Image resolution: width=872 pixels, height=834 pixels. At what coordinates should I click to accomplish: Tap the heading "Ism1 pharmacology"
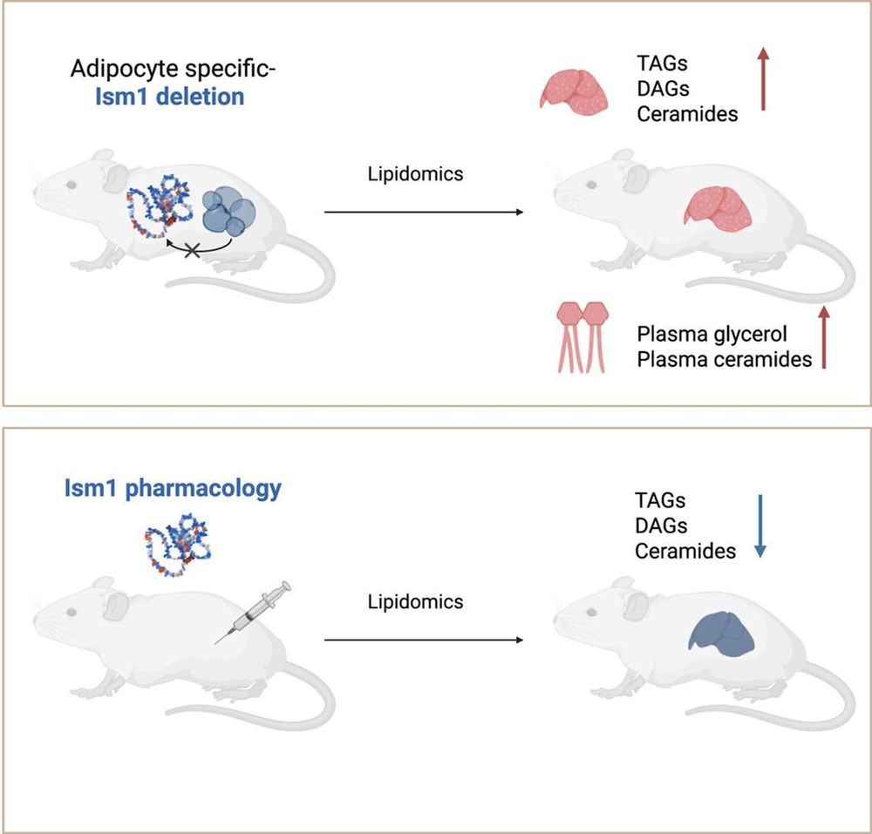173,487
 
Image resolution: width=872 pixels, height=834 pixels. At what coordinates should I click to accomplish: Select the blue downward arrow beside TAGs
760,525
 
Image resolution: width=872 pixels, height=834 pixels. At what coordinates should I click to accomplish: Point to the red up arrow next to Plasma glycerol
822,337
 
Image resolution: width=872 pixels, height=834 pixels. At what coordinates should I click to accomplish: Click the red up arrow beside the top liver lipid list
763,79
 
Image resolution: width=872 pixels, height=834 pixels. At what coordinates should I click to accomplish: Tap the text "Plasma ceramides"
724,359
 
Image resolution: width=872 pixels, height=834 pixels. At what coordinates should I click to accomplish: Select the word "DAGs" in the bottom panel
660,525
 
